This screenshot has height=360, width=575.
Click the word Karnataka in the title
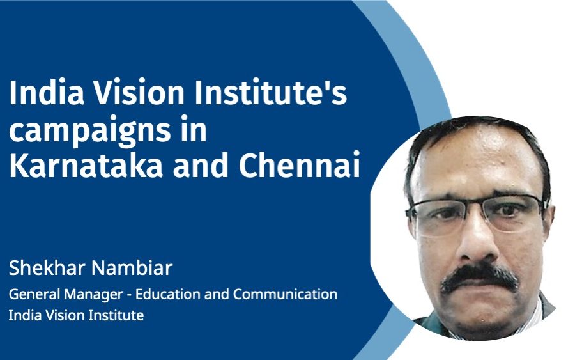pos(86,166)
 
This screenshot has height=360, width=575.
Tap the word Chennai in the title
pos(300,166)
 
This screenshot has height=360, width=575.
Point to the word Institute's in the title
pos(270,93)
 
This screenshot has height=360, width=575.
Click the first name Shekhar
pos(44,268)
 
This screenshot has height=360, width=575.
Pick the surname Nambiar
pos(128,268)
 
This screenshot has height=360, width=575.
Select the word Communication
pos(286,295)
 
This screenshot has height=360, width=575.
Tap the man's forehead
pos(477,162)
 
